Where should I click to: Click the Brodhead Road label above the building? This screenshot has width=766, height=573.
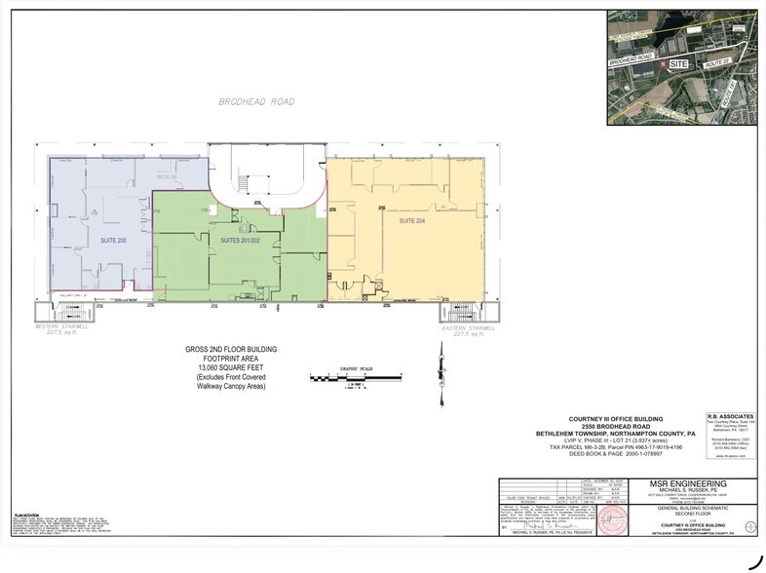click(x=256, y=101)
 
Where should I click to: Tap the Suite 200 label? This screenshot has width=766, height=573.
click(x=113, y=239)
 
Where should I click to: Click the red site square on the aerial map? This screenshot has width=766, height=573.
click(x=664, y=62)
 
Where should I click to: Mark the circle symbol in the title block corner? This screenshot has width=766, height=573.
click(x=747, y=526)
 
